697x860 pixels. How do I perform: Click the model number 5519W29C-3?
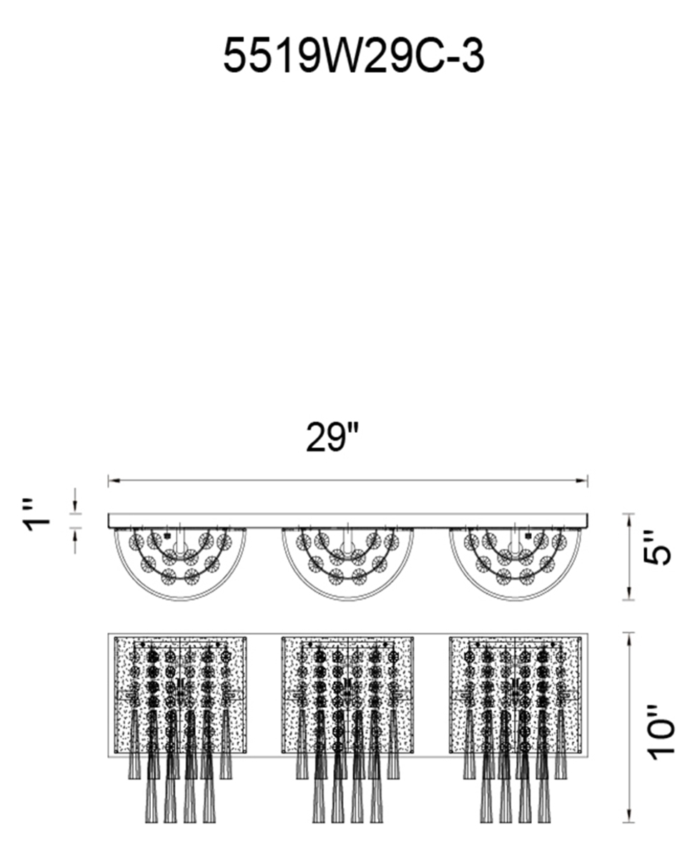tap(354, 56)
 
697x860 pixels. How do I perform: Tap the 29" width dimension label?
tap(332, 437)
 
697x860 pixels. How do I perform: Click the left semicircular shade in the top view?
tap(180, 601)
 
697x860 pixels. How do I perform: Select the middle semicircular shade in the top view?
tap(348, 601)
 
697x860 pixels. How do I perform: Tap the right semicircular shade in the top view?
tap(515, 601)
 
